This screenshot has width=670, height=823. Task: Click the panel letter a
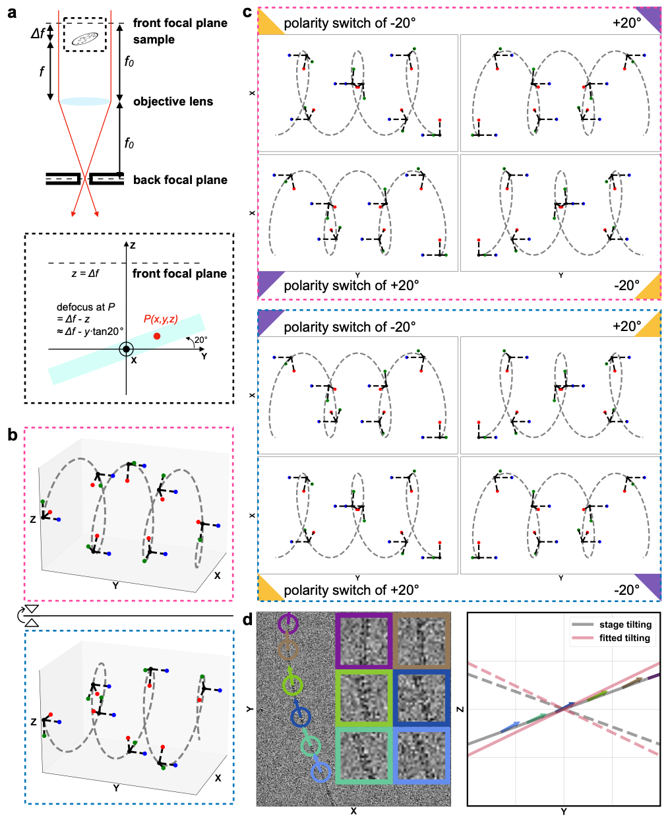pyautogui.click(x=12, y=12)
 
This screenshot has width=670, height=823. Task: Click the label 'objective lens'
pyautogui.click(x=173, y=102)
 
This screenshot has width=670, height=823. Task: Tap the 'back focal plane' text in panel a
pyautogui.click(x=180, y=180)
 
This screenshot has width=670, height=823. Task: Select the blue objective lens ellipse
pyautogui.click(x=84, y=102)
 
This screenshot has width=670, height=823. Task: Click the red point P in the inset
pyautogui.click(x=156, y=336)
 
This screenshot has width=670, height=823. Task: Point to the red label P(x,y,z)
pyautogui.click(x=160, y=319)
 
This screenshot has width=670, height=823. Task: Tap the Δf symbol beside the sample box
pyautogui.click(x=38, y=32)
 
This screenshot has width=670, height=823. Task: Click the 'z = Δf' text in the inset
pyautogui.click(x=85, y=273)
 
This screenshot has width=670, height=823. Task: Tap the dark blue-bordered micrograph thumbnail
pyautogui.click(x=422, y=698)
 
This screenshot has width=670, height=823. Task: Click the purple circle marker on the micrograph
pyautogui.click(x=288, y=624)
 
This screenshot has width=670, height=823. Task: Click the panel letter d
pyautogui.click(x=247, y=620)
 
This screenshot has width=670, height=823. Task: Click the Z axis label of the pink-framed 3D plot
pyautogui.click(x=33, y=520)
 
